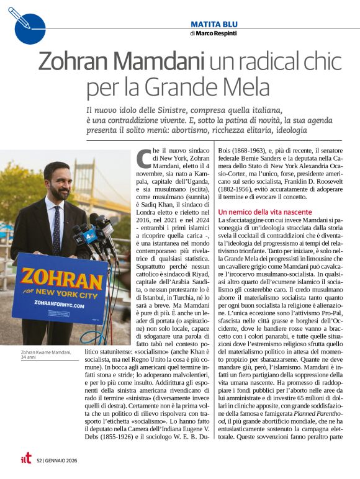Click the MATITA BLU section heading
tap(214, 24)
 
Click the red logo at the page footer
tap(25, 459)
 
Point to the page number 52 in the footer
tap(39, 460)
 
